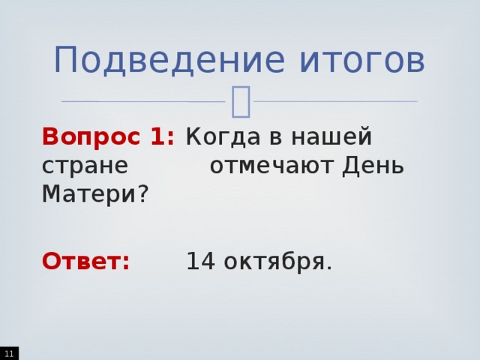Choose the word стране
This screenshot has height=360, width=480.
coord(85,166)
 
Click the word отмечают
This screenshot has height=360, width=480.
coord(272,166)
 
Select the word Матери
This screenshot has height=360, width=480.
coord(88,194)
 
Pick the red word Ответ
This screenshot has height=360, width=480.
coord(85,262)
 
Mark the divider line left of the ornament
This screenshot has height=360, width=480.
coord(142,101)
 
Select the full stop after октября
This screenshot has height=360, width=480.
coord(328,268)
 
